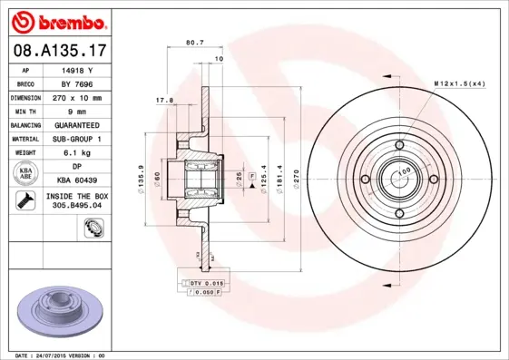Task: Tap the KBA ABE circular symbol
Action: [x=26, y=173]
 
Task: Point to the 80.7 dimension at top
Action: [x=194, y=42]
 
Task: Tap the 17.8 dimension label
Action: [x=164, y=101]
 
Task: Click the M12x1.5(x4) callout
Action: [x=459, y=83]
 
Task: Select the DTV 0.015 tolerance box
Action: [x=206, y=284]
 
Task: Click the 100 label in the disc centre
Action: [x=405, y=170]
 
